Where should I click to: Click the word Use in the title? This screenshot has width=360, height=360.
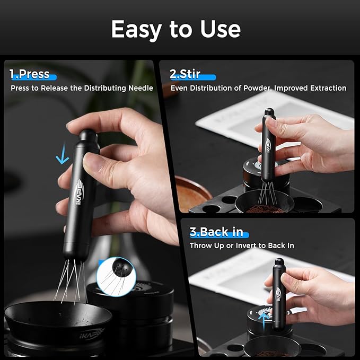(x=219, y=29)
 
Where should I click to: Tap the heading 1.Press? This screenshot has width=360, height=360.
(x=30, y=74)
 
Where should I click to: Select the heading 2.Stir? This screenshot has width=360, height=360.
(x=186, y=74)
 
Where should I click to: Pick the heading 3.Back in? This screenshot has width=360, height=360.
(x=217, y=232)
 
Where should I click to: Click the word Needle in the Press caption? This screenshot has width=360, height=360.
(x=139, y=88)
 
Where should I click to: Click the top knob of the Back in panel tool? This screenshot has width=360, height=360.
(x=278, y=262)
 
